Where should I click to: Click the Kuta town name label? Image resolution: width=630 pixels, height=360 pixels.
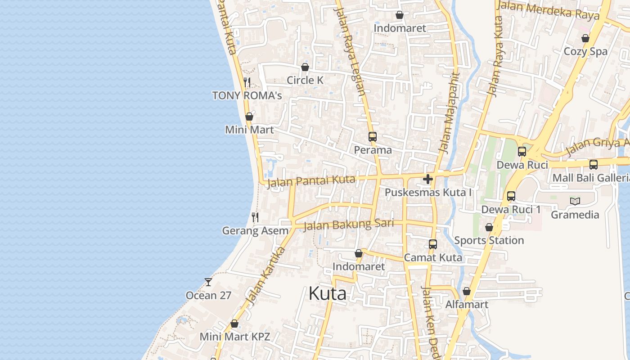[x=327, y=294]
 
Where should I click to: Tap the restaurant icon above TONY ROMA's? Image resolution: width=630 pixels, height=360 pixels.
[x=247, y=82]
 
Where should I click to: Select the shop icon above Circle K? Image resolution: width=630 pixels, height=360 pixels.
[x=305, y=67]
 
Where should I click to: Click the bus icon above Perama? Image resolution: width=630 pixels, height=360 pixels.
[x=373, y=136]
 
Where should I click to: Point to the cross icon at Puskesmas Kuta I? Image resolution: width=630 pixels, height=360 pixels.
[x=428, y=180]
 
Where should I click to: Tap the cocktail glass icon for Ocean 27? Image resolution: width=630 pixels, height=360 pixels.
[x=208, y=282]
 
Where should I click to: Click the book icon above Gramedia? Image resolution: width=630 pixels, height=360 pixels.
[x=575, y=201]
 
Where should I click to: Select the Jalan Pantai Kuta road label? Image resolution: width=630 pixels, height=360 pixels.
[x=311, y=182]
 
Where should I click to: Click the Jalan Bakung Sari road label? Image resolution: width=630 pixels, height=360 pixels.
[x=349, y=224]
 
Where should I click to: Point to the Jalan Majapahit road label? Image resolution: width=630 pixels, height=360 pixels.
[x=450, y=112]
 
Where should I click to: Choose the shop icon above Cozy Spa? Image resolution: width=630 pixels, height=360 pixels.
[x=585, y=38]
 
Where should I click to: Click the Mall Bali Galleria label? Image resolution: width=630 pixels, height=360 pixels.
[x=591, y=178]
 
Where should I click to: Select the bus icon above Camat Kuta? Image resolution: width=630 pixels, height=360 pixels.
[x=432, y=244]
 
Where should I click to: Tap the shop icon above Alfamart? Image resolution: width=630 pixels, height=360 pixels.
[x=467, y=291]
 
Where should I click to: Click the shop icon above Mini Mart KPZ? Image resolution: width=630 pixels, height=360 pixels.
[x=234, y=324]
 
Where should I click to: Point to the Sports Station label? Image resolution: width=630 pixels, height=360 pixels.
[x=489, y=240]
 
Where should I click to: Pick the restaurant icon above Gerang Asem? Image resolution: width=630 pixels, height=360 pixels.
[x=255, y=217]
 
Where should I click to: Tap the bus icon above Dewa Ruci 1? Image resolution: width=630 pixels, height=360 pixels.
[x=511, y=196]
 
